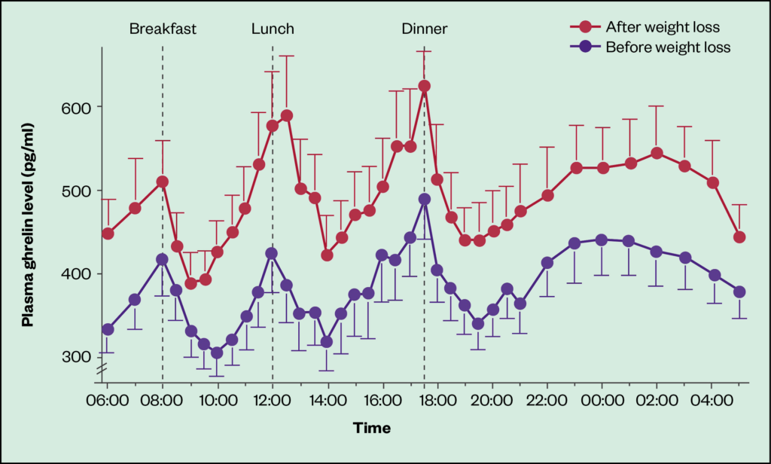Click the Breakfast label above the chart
tap(163, 29)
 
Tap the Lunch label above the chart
tap(273, 29)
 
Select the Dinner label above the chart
tap(424, 29)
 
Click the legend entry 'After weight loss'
tap(663, 28)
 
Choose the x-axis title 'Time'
tap(372, 429)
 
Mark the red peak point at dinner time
tap(424, 86)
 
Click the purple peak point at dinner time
tap(424, 200)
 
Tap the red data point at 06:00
tap(108, 234)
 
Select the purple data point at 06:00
tap(108, 329)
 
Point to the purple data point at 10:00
tap(217, 353)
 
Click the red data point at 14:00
tap(327, 255)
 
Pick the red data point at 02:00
tap(657, 153)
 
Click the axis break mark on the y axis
tap(102, 369)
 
